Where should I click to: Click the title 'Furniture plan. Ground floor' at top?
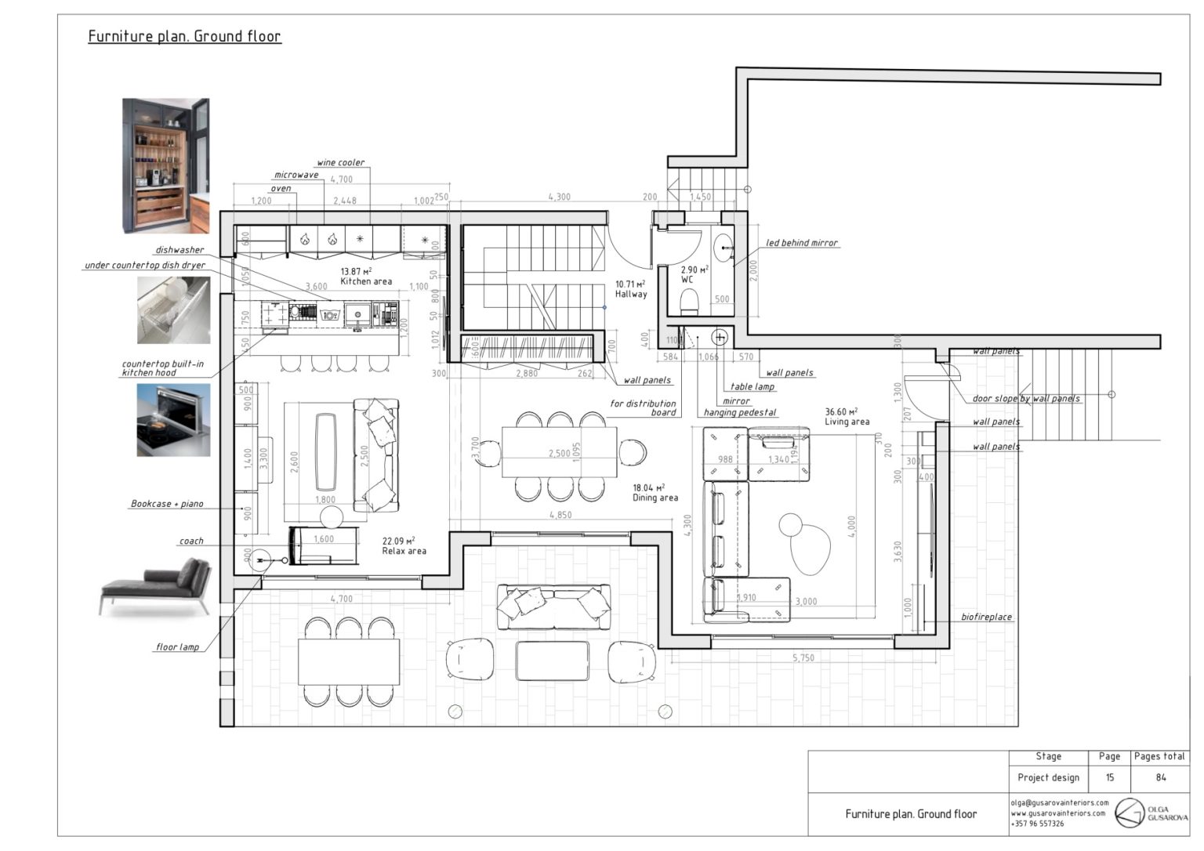(184, 36)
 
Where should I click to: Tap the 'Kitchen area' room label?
(365, 281)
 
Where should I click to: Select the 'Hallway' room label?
(630, 294)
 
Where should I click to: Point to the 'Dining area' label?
(655, 498)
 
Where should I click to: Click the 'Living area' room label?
(847, 422)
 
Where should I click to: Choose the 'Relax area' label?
(404, 551)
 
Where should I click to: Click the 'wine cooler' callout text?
(340, 163)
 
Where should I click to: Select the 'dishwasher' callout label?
(180, 250)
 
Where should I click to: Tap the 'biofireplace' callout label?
(986, 617)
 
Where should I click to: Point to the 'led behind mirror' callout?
(801, 243)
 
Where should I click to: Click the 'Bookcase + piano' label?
(167, 504)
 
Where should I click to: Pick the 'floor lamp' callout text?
(177, 647)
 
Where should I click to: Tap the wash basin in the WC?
(723, 248)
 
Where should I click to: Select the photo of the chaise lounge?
(156, 585)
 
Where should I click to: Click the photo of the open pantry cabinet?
(165, 165)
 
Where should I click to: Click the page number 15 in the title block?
(1109, 777)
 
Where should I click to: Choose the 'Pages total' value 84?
(1160, 777)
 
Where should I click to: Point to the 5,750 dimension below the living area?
(803, 658)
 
